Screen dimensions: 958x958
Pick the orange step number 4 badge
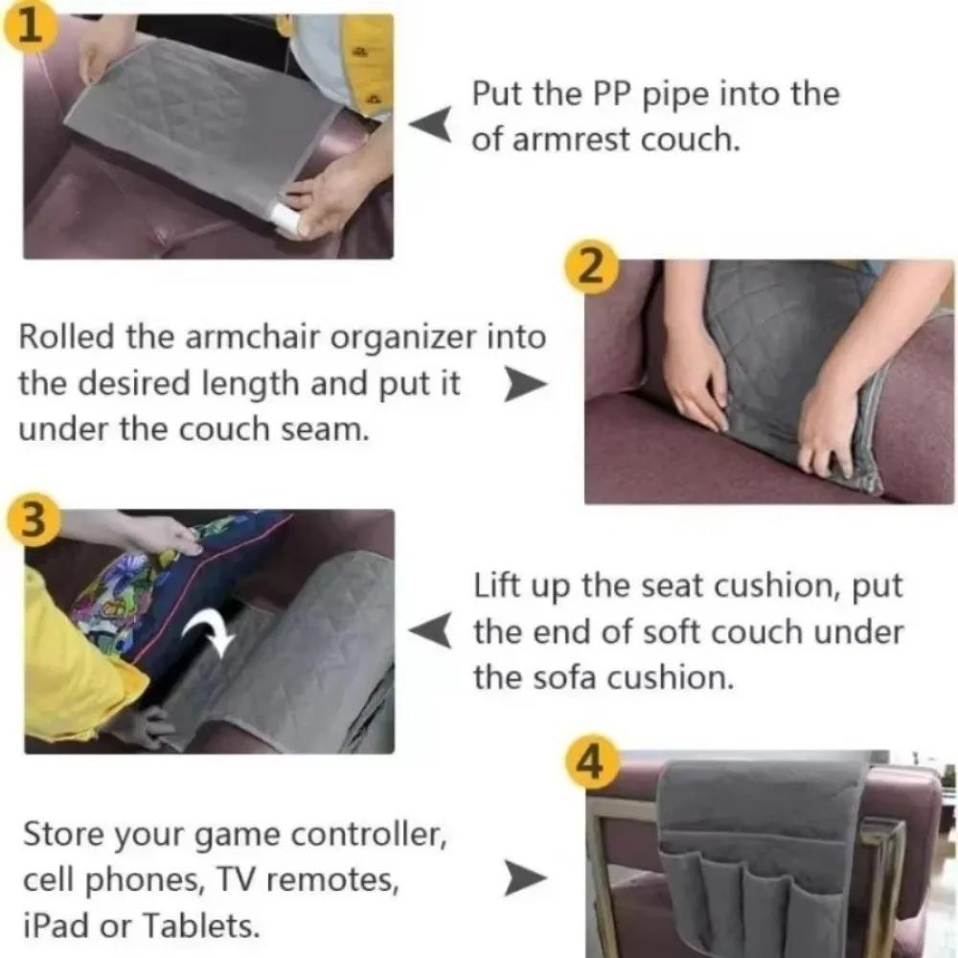coord(590,764)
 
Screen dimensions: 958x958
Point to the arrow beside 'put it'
coord(525,386)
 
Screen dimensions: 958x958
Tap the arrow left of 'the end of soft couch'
coord(430,631)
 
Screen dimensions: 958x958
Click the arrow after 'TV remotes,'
coord(525,877)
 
